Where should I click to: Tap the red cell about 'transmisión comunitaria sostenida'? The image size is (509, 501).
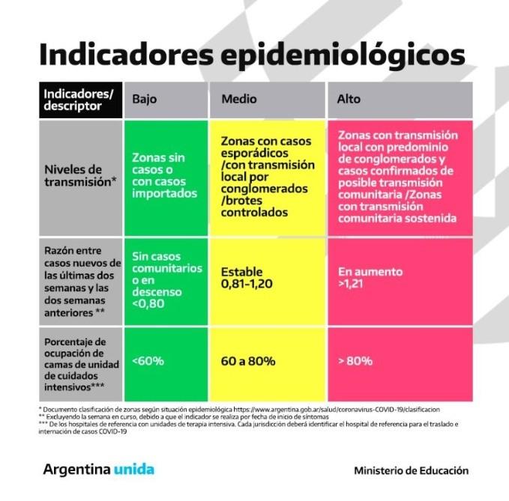[398, 177]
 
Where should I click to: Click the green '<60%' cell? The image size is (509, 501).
[148, 361]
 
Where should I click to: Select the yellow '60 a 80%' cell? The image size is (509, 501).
[248, 361]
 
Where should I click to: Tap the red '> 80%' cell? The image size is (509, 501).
[355, 361]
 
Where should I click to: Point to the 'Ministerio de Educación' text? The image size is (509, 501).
[411, 470]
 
